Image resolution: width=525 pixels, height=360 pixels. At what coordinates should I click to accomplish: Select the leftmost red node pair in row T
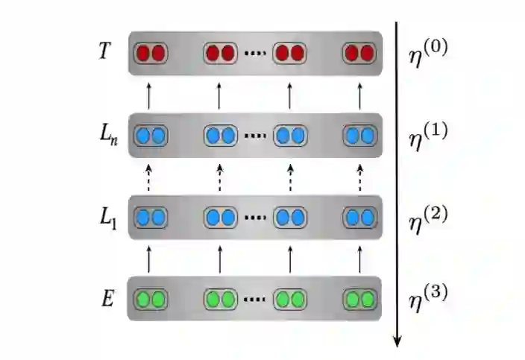click(x=151, y=54)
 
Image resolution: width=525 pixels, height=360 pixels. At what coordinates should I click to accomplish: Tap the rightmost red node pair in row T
click(x=359, y=54)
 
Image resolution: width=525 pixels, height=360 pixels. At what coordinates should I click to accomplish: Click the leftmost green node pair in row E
click(x=151, y=300)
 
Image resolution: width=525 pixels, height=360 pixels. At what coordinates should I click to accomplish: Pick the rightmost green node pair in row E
click(x=359, y=300)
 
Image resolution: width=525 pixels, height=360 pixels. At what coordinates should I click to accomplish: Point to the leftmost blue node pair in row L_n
click(x=151, y=136)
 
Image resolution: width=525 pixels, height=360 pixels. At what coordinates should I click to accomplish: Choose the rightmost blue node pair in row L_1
click(x=359, y=218)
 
